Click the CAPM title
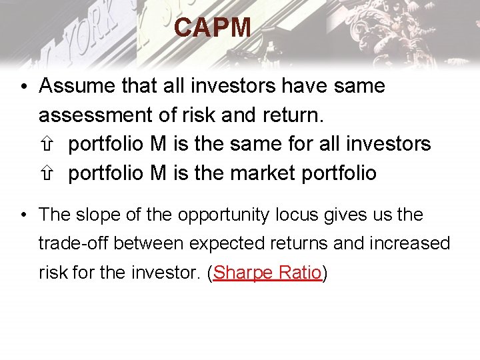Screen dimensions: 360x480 213,28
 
